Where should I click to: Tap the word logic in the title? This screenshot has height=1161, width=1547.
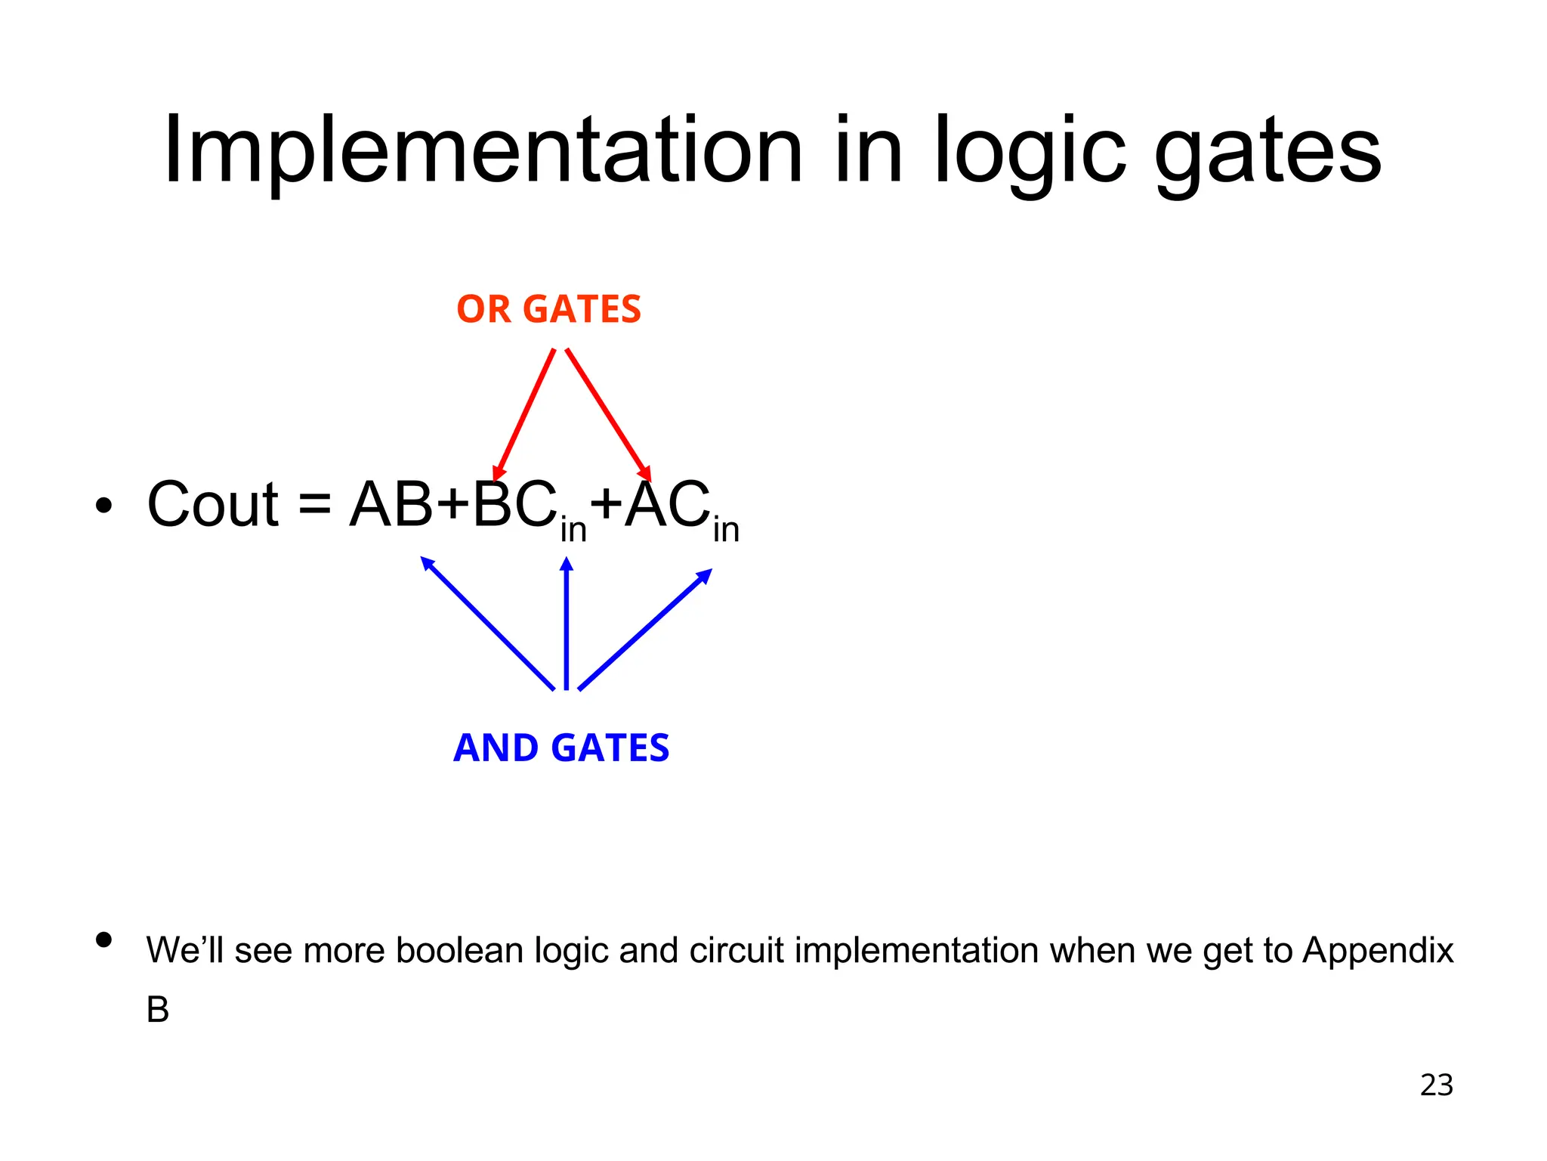pyautogui.click(x=1030, y=151)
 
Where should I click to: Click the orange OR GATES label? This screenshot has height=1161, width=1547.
pyautogui.click(x=548, y=310)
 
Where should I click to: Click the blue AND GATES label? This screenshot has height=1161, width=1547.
pyautogui.click(x=561, y=748)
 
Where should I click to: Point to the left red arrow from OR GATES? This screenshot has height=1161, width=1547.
pyautogui.click(x=523, y=414)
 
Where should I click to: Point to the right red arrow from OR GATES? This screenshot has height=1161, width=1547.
pyautogui.click(x=608, y=414)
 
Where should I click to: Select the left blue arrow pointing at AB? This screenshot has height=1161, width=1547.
pyautogui.click(x=487, y=624)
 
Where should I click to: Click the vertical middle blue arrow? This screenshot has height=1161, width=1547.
pyautogui.click(x=567, y=624)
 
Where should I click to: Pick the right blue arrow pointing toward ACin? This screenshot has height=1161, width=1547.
pyautogui.click(x=644, y=630)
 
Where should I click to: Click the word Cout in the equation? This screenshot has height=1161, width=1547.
pyautogui.click(x=213, y=505)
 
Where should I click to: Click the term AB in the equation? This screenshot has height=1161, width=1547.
pyautogui.click(x=391, y=505)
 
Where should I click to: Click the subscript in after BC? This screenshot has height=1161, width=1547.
pyautogui.click(x=573, y=529)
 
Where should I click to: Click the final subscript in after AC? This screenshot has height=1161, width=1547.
pyautogui.click(x=726, y=529)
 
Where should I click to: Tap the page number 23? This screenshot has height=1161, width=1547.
pyautogui.click(x=1436, y=1085)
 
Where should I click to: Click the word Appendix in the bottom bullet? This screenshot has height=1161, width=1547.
pyautogui.click(x=1378, y=951)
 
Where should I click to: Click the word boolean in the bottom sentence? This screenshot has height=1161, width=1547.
pyautogui.click(x=459, y=951)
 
